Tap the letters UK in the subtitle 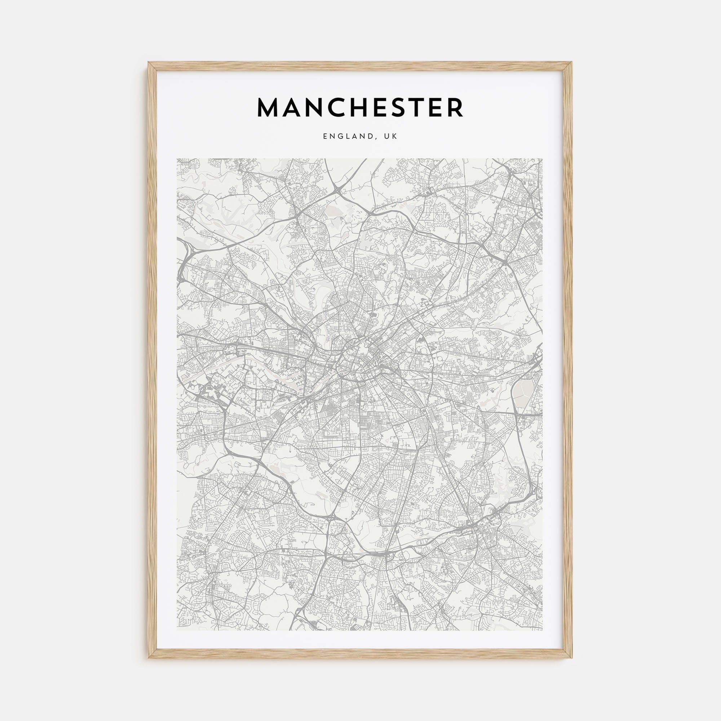(x=392, y=137)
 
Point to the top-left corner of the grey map (x=177, y=159)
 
